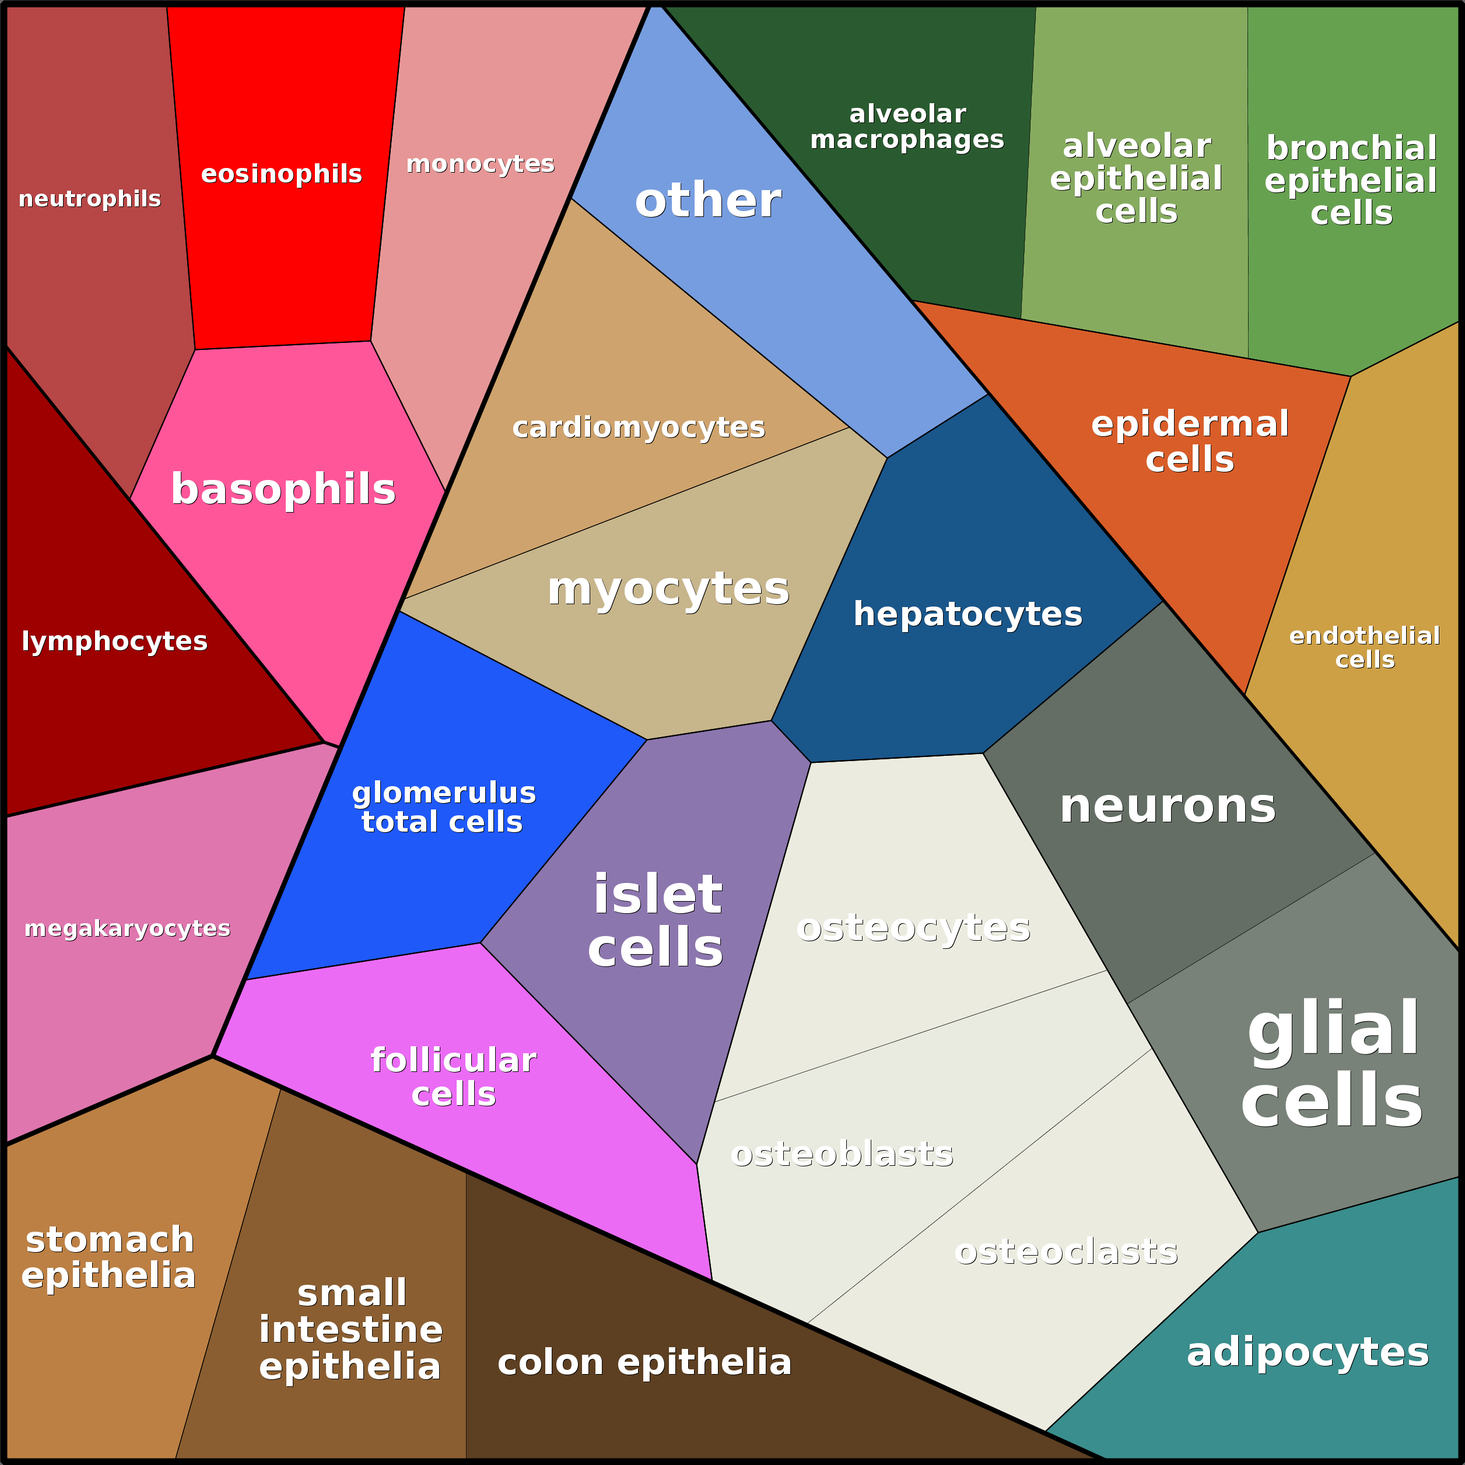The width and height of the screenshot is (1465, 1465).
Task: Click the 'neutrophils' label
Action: point(89,199)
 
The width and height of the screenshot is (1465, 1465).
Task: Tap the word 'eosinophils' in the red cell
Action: point(281,174)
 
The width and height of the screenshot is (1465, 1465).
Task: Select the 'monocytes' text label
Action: point(480,164)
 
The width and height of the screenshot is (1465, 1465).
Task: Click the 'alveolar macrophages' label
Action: point(907,127)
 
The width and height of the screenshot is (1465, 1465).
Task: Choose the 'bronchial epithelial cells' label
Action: point(1351,180)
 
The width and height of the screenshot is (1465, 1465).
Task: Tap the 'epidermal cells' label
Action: point(1190,441)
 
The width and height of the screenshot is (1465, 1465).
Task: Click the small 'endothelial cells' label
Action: point(1364,647)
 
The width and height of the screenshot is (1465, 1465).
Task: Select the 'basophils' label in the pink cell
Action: point(283,489)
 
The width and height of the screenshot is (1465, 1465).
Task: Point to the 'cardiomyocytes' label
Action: point(639,427)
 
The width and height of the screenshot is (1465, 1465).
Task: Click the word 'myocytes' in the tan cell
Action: point(668,589)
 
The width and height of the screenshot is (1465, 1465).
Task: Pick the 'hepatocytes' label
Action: point(968,614)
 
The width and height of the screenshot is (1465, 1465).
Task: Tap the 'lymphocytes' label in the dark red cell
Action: point(114,642)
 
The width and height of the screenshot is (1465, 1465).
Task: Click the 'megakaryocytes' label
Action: point(127,929)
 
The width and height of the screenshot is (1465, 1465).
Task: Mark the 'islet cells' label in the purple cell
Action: point(657,920)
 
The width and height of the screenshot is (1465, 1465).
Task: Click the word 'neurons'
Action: point(1168,806)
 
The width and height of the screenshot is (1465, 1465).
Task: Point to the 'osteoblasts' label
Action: point(842,1154)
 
